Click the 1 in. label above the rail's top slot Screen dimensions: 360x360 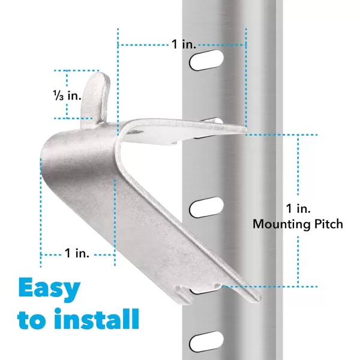point(184,44)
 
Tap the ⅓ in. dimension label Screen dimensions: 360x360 point(67,95)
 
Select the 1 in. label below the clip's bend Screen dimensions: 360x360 point(77,253)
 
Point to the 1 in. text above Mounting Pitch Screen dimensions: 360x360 point(298,208)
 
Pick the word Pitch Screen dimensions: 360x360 point(329,224)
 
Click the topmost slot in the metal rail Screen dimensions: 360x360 point(206,60)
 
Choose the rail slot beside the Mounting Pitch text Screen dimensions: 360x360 point(206,207)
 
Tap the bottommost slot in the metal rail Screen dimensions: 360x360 point(206,341)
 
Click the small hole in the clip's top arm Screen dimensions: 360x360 point(136,132)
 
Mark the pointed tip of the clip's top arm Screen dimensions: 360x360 point(246,129)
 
